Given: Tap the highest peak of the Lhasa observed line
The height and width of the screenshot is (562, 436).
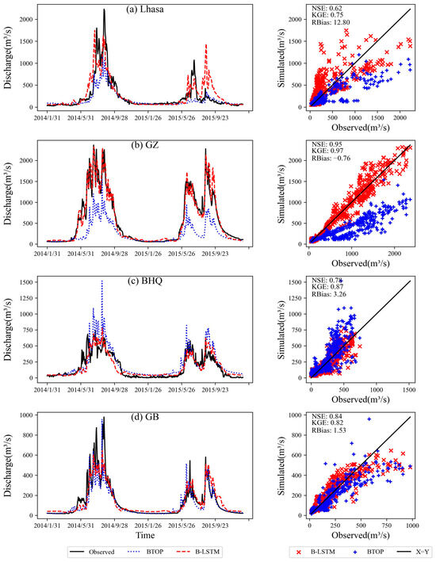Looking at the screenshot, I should click(105, 10).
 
